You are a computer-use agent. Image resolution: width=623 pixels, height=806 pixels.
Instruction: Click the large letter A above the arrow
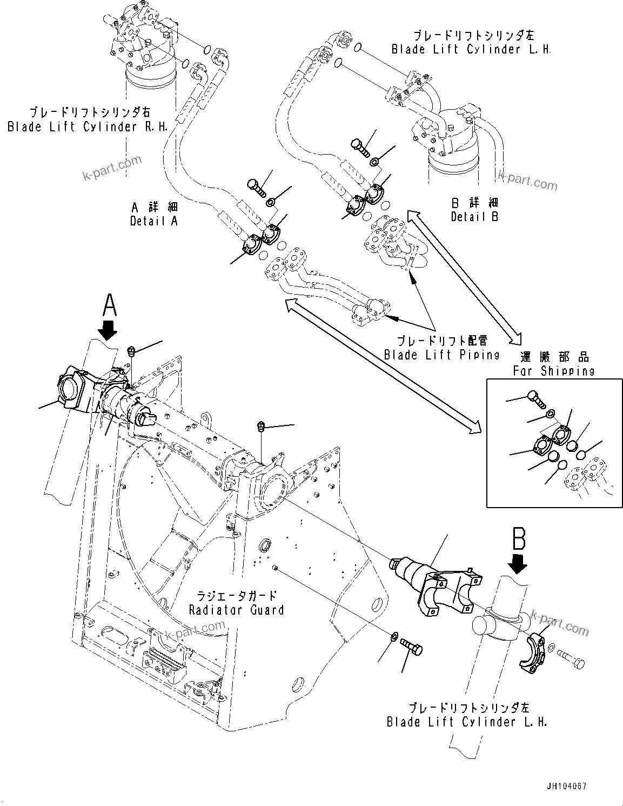pyautogui.click(x=109, y=304)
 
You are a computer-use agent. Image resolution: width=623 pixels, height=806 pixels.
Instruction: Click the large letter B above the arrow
pyautogui.click(x=519, y=538)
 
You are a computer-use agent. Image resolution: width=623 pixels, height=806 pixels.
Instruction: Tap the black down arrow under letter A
pyautogui.click(x=109, y=329)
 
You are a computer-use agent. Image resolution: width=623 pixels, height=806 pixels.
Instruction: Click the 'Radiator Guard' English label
pyautogui.click(x=236, y=610)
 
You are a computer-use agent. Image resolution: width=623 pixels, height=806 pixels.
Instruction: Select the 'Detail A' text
pyautogui.click(x=153, y=221)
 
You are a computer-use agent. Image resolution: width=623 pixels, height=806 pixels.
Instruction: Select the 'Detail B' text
pyautogui.click(x=474, y=216)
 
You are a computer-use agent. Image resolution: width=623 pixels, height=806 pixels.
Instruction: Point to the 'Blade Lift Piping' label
pyautogui.click(x=441, y=355)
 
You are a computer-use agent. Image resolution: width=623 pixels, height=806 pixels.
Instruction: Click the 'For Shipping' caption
pyautogui.click(x=553, y=371)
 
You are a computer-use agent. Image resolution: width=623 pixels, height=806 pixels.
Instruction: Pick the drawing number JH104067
pyautogui.click(x=566, y=786)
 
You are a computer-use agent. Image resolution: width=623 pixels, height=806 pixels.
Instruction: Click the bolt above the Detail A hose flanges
pyautogui.click(x=256, y=187)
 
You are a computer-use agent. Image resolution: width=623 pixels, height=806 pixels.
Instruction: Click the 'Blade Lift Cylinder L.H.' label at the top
pyautogui.click(x=471, y=49)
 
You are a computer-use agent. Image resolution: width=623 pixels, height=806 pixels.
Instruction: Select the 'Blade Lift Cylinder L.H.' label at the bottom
pyautogui.click(x=467, y=722)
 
